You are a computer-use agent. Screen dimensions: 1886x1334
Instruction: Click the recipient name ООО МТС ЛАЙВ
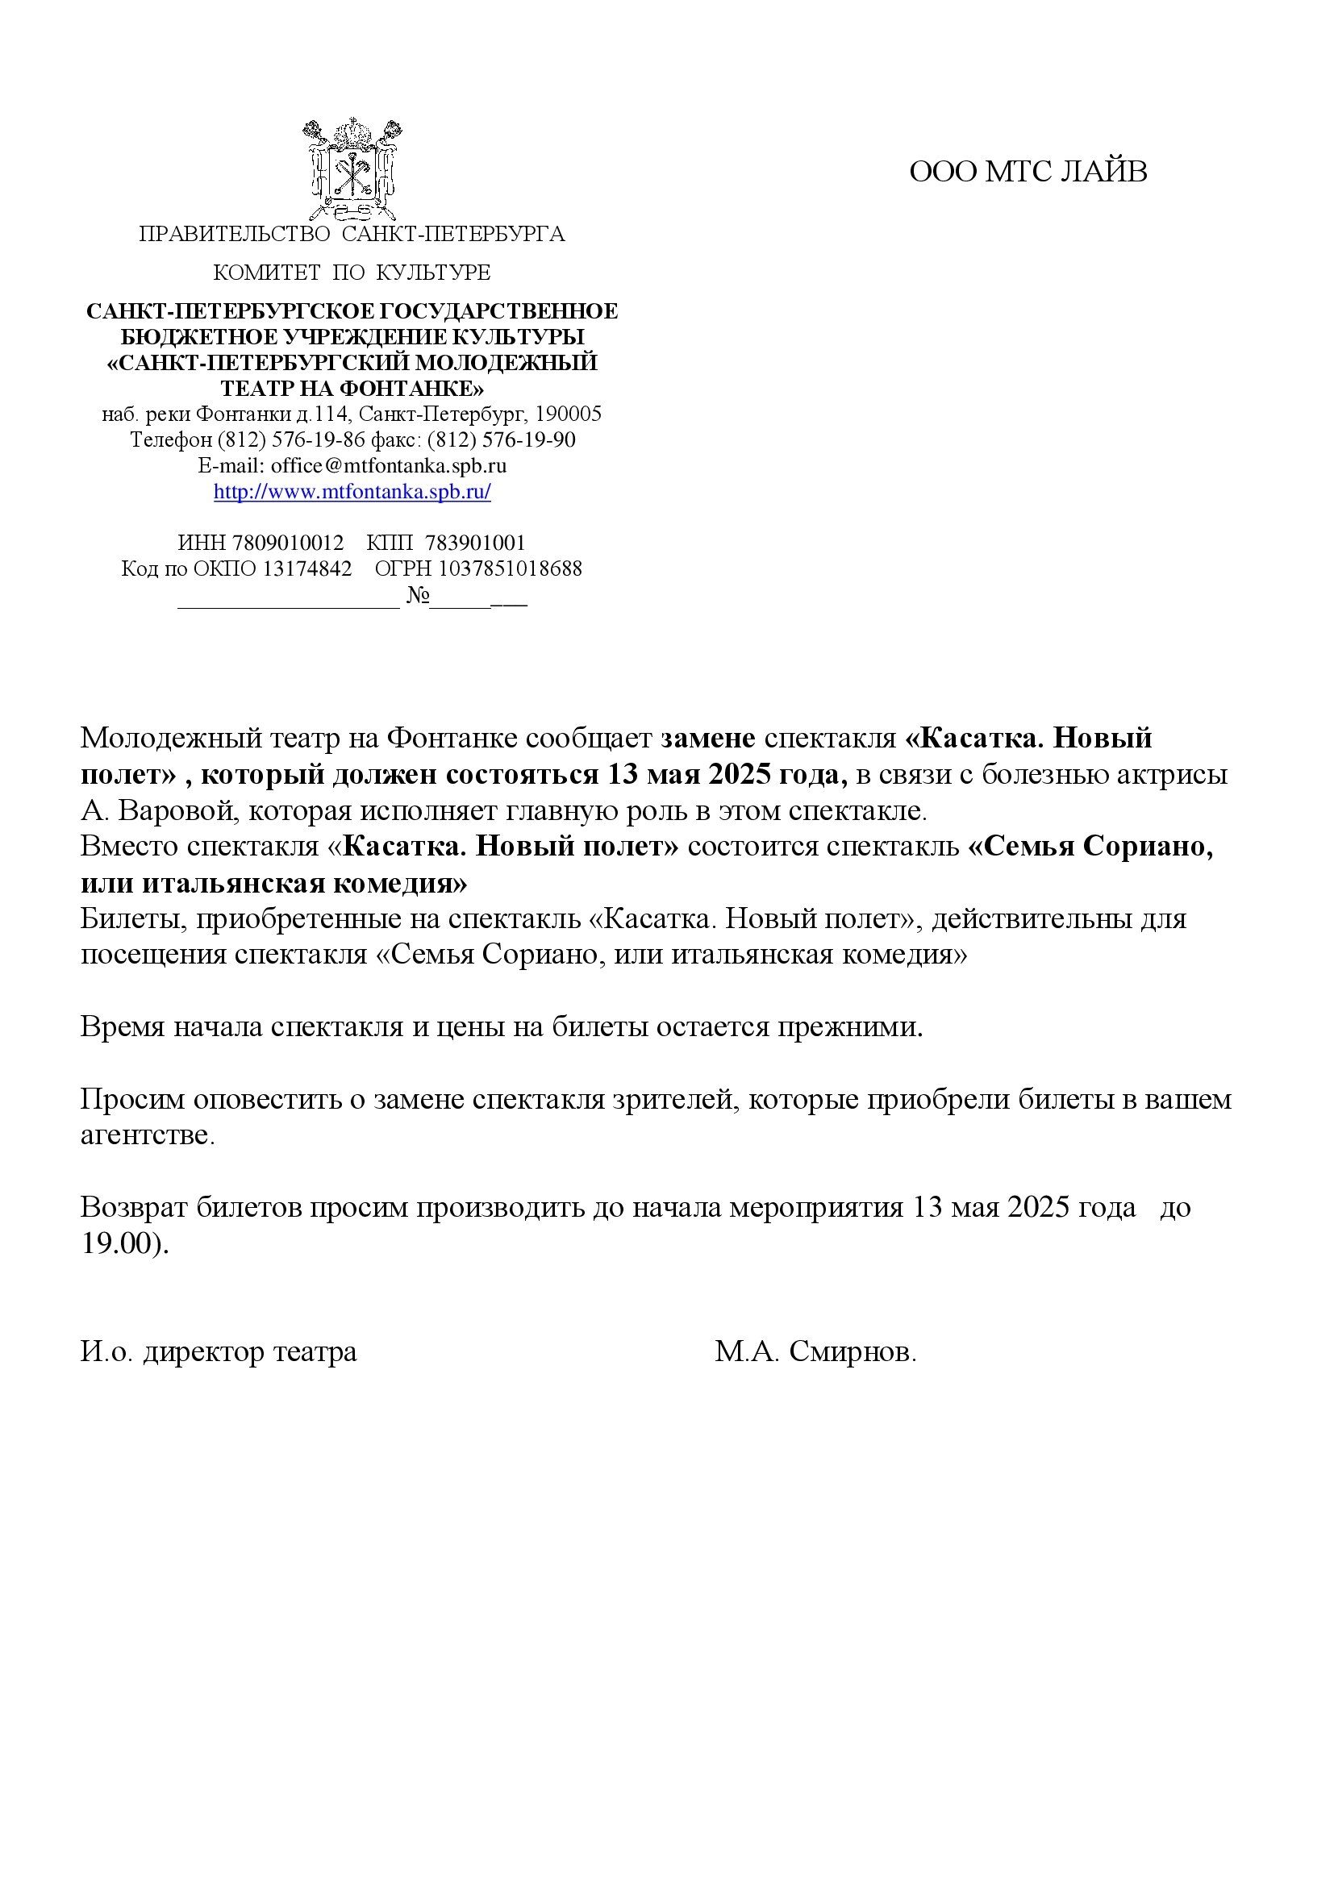click(x=1028, y=172)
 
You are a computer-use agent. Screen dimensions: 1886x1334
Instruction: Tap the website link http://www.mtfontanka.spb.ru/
click(x=352, y=492)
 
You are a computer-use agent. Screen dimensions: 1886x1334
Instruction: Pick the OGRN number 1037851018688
click(x=510, y=568)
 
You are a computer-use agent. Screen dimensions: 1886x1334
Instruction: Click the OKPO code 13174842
click(x=306, y=568)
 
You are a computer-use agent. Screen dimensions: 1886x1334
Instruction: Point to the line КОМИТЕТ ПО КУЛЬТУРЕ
click(x=352, y=273)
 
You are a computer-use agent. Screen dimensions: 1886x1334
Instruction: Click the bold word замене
click(x=708, y=739)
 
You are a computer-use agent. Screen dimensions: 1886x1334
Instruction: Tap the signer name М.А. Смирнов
click(x=815, y=1352)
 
